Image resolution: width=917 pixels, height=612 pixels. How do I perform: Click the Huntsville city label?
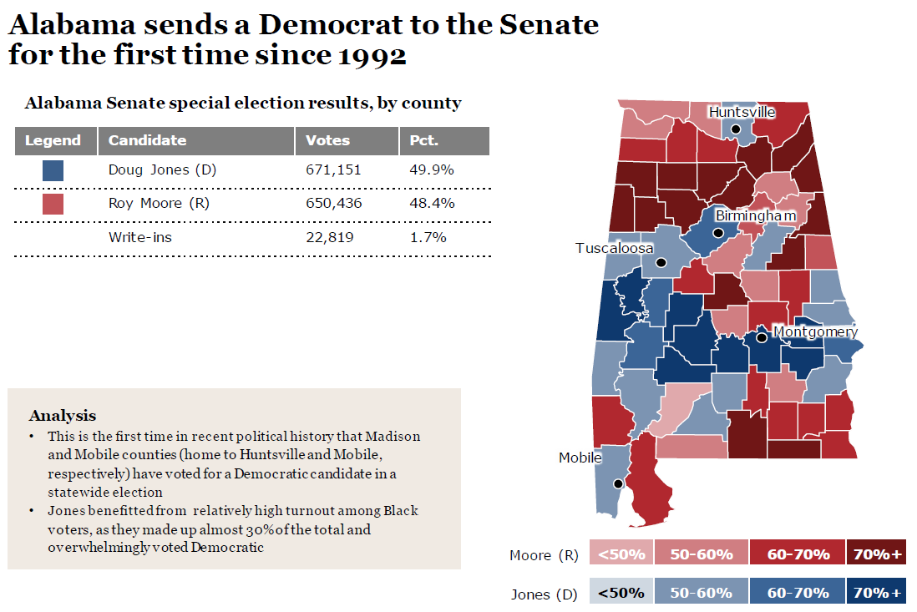[742, 113]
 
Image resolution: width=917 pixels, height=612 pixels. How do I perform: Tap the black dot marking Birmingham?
[718, 233]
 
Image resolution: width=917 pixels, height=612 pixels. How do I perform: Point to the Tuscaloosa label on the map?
[614, 249]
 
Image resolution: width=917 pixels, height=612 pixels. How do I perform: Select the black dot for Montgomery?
[761, 338]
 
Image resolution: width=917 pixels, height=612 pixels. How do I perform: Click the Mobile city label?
[580, 458]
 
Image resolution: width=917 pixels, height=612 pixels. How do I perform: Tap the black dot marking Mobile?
[617, 483]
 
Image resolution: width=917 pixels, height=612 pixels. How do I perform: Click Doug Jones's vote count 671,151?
[333, 170]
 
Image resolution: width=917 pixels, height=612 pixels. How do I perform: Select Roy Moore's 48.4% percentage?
[432, 204]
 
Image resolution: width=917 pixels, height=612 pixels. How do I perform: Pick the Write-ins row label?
[140, 237]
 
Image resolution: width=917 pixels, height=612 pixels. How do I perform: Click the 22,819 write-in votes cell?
[330, 237]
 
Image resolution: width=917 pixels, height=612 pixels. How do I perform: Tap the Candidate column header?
[148, 140]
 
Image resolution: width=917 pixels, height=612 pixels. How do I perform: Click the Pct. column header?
[424, 140]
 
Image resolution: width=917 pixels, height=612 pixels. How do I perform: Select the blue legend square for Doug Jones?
[53, 170]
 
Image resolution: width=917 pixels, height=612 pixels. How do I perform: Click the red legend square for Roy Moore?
[53, 204]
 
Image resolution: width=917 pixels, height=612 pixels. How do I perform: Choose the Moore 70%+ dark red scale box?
[876, 554]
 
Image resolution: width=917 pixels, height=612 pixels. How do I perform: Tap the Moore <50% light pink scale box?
[621, 554]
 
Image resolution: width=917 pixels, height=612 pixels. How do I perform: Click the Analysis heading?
[63, 415]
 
